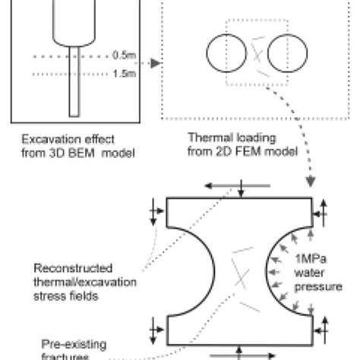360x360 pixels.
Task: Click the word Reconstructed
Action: pos(68,268)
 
